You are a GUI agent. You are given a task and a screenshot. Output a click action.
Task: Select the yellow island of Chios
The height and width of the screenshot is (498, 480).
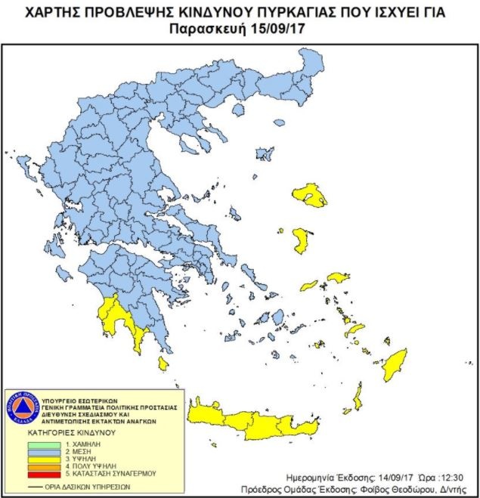[x=301, y=242]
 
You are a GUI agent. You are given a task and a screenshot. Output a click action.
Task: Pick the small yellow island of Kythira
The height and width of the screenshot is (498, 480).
[x=163, y=363]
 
